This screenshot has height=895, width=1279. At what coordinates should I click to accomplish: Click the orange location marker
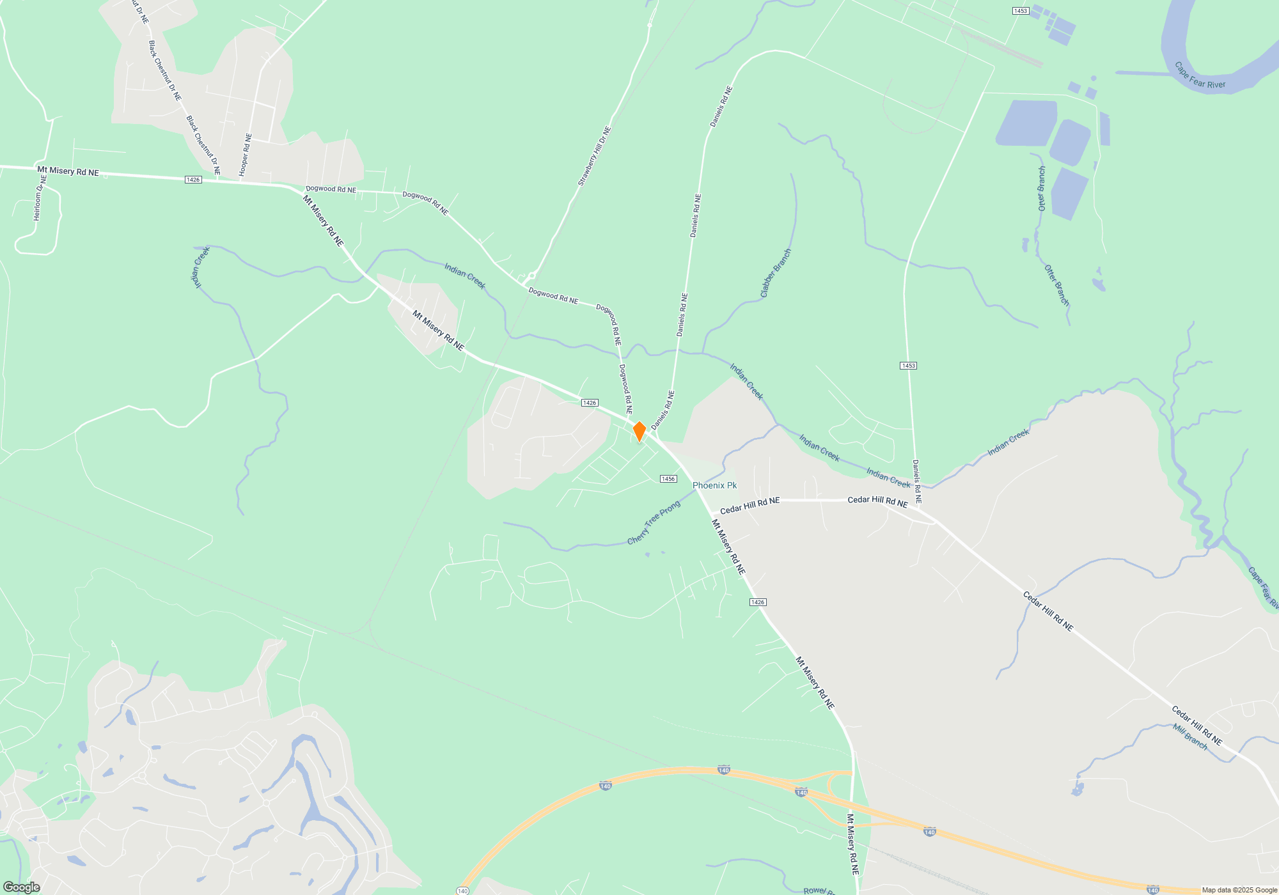[639, 431]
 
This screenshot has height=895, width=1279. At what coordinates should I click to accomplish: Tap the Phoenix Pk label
[714, 485]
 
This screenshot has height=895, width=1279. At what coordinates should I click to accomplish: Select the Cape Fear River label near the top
[1200, 76]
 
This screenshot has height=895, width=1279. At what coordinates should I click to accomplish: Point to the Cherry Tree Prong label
[654, 523]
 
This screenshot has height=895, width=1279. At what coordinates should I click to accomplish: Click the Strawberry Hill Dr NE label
[595, 157]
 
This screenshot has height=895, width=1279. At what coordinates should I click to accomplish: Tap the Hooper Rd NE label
[246, 155]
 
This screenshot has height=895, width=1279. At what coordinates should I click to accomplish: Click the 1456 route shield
[668, 479]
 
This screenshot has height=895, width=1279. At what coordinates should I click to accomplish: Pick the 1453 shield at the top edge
[1020, 11]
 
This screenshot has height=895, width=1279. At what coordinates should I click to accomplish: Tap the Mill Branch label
[1189, 736]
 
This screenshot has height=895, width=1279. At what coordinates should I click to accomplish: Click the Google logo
[22, 887]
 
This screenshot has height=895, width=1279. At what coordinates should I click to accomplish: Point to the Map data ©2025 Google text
[1239, 890]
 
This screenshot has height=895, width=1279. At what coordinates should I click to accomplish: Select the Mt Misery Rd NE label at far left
[68, 171]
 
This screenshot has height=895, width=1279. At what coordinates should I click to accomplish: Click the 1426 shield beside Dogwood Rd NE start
[193, 180]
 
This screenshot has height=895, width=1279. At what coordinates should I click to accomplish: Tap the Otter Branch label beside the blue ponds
[1042, 189]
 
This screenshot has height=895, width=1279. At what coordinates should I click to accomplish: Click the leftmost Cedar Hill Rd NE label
[749, 506]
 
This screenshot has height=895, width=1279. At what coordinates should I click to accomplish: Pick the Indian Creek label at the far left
[200, 267]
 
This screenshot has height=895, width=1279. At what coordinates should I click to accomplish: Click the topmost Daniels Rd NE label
[721, 107]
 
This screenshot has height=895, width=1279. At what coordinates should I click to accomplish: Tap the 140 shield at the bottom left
[462, 891]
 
